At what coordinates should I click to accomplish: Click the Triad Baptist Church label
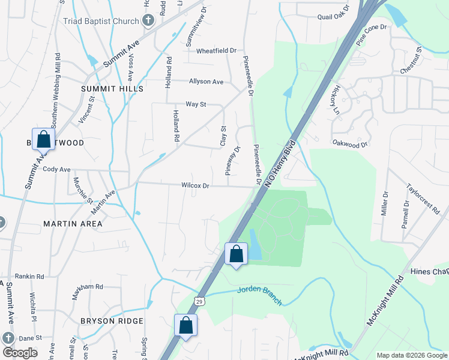[101, 21]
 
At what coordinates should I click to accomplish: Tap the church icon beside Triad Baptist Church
[148, 21]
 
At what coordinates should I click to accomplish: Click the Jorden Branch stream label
[259, 295]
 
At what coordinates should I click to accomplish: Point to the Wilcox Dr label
[195, 186]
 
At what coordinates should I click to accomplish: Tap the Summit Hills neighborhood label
[112, 88]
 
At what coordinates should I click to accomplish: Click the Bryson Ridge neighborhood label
[111, 321]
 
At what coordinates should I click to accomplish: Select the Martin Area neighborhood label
[73, 224]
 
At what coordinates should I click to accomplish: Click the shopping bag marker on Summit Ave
[44, 140]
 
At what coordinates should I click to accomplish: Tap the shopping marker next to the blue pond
[237, 254]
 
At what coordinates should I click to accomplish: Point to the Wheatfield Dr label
[217, 51]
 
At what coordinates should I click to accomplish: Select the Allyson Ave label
[206, 82]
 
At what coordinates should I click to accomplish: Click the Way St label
[196, 104]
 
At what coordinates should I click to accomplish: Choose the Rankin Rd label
[30, 277]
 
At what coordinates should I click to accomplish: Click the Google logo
[20, 353]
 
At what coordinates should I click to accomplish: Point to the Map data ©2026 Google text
[411, 355]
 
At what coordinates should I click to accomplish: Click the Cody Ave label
[57, 169]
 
